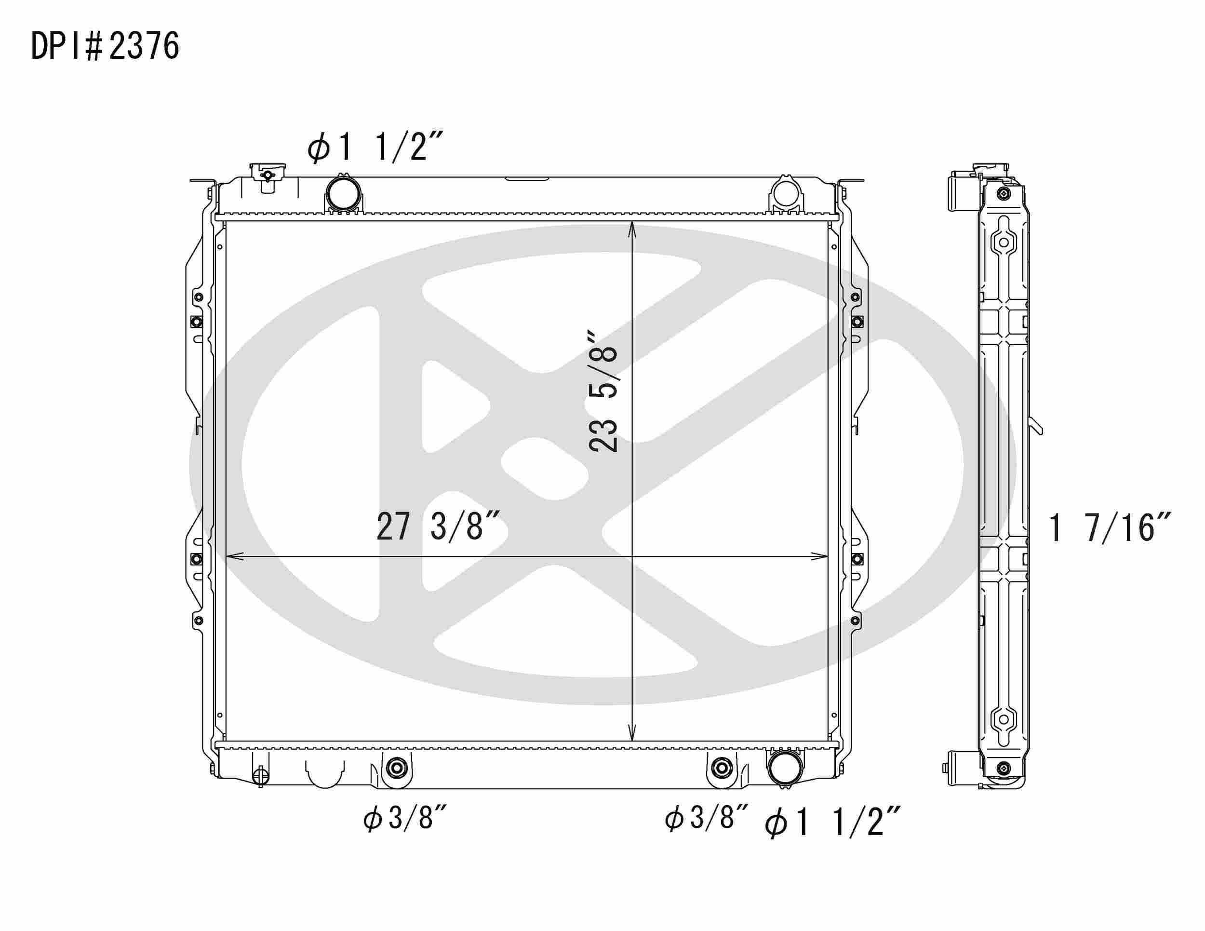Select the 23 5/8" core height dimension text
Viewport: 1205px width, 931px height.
(x=602, y=392)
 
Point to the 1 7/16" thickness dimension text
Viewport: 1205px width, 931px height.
(x=1109, y=527)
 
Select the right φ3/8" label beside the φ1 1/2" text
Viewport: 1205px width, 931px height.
(x=706, y=817)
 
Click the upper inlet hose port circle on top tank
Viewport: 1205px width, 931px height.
(x=343, y=192)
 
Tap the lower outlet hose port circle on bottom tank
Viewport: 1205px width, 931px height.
(x=785, y=768)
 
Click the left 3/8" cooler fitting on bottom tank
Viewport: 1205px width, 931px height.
(x=396, y=767)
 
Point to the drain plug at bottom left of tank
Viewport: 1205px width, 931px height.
(x=260, y=777)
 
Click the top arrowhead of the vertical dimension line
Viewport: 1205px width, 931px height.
(x=632, y=228)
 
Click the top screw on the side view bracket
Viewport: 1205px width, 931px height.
(x=1003, y=194)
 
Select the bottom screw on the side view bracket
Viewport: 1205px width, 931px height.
(x=1003, y=768)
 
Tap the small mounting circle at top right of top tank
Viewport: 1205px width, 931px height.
(x=785, y=192)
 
